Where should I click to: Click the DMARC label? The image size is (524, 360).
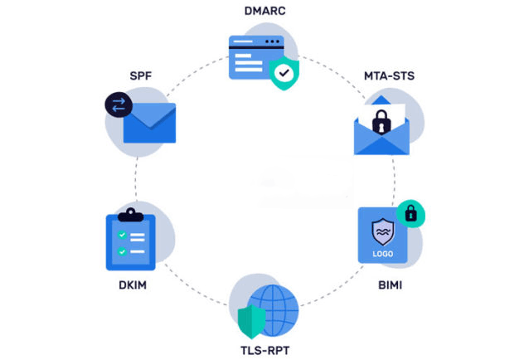265,11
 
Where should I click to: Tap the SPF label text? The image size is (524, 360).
141,75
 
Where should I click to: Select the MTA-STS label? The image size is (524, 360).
390,75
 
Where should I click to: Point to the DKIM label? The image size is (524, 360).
133,285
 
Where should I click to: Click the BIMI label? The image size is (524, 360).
391,285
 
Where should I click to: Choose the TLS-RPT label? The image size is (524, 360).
265,351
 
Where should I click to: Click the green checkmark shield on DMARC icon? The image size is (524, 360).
284,73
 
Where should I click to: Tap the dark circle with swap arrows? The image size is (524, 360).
119,105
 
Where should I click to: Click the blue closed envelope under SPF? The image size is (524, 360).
149,123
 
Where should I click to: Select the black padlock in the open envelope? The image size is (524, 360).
381,122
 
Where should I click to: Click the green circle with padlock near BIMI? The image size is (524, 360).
410,213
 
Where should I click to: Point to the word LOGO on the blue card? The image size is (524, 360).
383,254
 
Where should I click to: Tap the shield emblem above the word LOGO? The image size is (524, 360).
383,232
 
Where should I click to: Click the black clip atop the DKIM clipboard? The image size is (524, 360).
131,215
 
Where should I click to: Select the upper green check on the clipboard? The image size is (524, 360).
122,235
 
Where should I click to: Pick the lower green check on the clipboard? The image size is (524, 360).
122,251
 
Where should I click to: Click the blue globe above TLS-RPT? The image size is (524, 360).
273,310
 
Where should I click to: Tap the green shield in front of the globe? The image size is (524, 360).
252,321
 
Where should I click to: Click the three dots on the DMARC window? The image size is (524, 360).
272,41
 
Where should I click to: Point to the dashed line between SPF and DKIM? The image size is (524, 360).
136,179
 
